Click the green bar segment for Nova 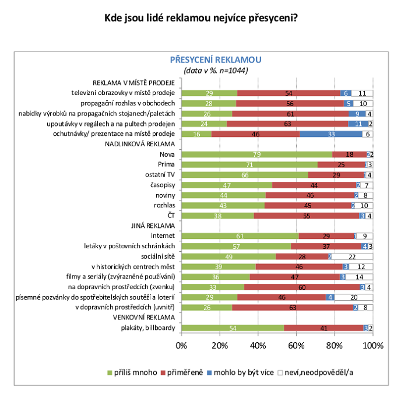[256, 154]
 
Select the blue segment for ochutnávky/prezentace [331, 134]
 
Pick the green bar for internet [240, 236]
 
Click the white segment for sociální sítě [352, 256]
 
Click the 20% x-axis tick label [219, 345]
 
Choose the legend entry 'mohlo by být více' [248, 372]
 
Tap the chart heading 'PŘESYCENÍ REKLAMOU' [216, 59]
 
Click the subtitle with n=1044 [216, 71]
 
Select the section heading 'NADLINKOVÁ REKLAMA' [140, 144]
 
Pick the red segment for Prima [340, 165]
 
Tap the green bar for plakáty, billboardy [233, 328]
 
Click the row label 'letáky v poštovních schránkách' [124, 247]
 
